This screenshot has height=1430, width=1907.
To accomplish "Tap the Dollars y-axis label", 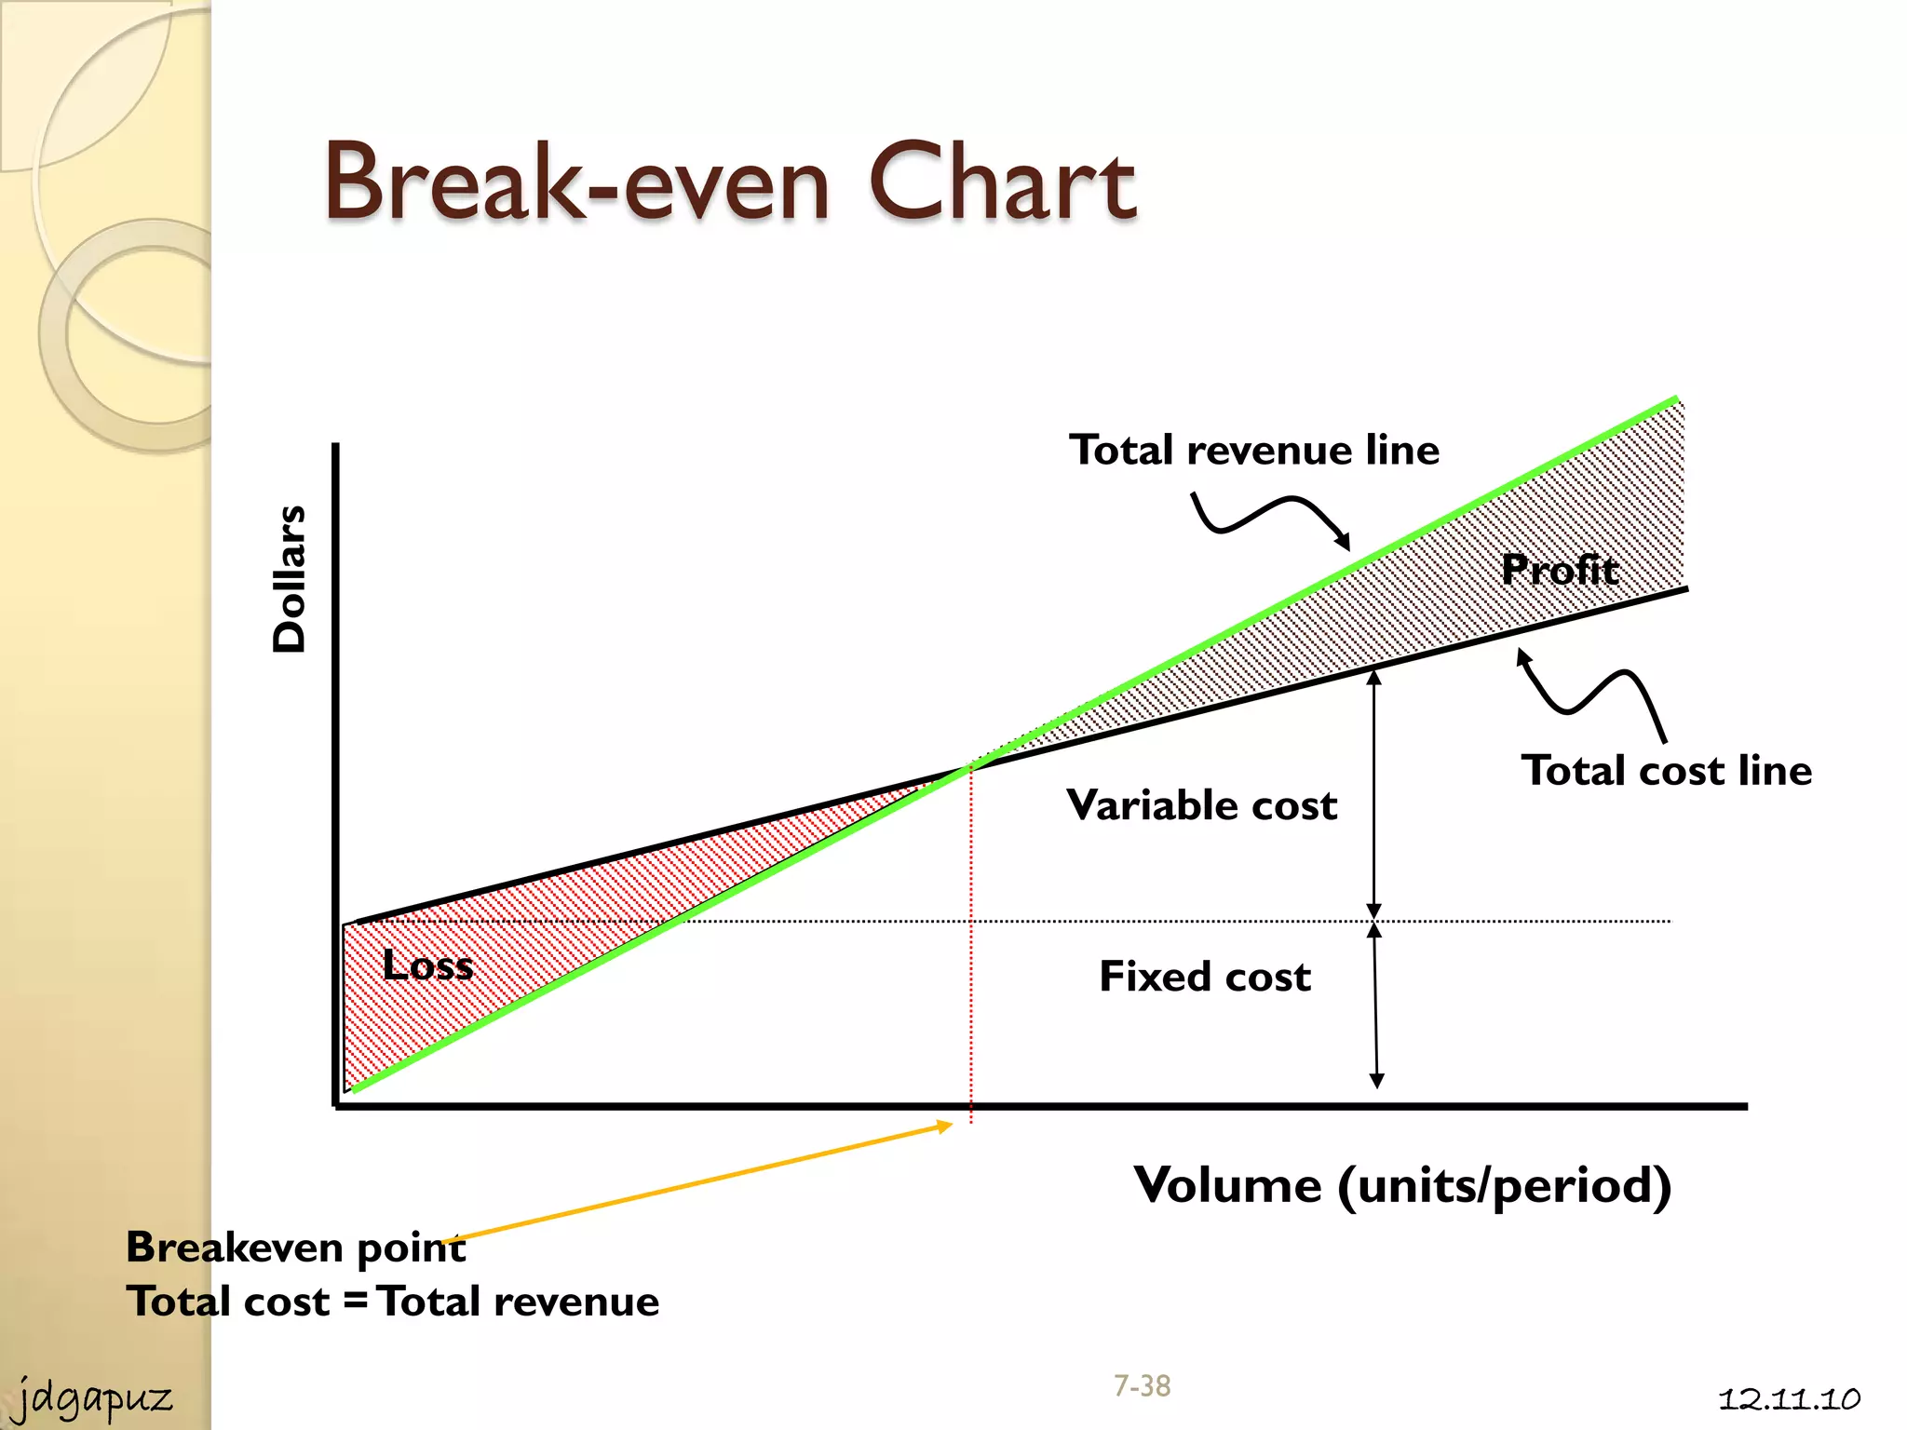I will click(290, 578).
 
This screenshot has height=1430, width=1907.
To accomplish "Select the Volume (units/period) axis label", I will click(1401, 1185).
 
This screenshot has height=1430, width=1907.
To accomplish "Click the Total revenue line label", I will click(1253, 451).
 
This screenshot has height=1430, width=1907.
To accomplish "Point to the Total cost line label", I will click(1666, 771).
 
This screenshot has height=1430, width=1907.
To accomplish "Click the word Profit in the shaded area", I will click(1560, 569).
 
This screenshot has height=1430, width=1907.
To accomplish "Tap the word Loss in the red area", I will click(427, 965).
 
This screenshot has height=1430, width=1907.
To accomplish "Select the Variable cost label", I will click(1201, 805).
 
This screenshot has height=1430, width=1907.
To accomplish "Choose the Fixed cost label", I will click(1205, 977).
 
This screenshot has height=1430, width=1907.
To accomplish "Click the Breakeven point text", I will click(295, 1248).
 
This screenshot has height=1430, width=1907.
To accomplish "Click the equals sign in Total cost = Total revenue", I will click(355, 1301).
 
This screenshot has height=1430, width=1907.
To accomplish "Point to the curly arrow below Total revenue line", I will click(1271, 515).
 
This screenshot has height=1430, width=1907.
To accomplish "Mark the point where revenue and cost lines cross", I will click(971, 766).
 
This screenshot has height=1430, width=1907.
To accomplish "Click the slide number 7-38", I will click(1142, 1386).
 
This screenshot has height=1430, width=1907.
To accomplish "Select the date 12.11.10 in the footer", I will click(1788, 1399).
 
